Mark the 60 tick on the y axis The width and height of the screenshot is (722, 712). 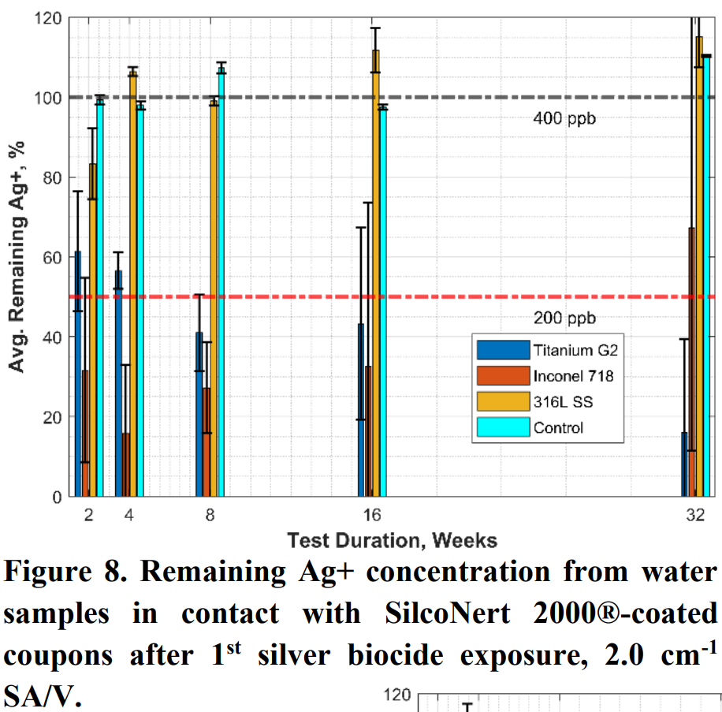tap(50, 257)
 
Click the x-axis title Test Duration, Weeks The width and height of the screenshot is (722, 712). tap(392, 540)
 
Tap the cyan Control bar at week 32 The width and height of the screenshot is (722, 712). tap(706, 276)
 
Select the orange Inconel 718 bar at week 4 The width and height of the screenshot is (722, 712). tap(126, 464)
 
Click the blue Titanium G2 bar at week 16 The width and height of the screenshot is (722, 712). tap(362, 410)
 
